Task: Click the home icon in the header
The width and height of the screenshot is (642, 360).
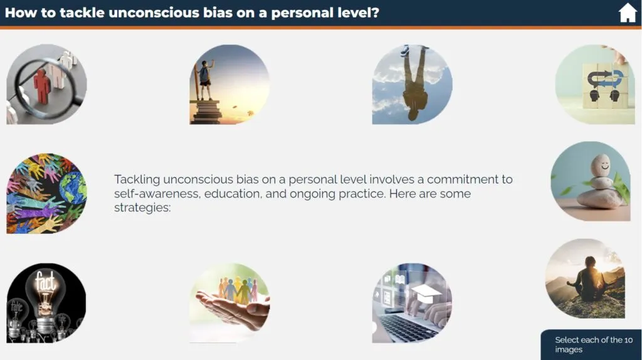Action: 627,13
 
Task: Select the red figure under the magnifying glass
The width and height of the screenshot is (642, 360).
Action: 42,86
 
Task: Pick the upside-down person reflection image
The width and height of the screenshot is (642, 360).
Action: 413,85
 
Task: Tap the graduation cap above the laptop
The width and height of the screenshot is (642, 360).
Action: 426,293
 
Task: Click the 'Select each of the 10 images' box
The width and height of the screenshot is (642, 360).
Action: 591,345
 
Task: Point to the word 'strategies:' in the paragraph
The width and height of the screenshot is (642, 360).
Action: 142,208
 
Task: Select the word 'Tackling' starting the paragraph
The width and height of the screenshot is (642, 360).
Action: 137,180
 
